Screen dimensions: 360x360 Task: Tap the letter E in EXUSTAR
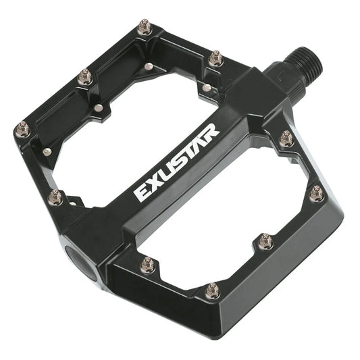coord(142,192)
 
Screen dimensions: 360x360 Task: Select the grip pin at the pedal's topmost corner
coord(144,28)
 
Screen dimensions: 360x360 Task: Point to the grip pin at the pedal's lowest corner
coord(212,291)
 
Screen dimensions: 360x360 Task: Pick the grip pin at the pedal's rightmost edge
coord(316,194)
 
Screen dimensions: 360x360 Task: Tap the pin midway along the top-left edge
coord(84,77)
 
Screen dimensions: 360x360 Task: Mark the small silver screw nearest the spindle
coord(205,86)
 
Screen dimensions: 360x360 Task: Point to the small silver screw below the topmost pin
coord(148,66)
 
